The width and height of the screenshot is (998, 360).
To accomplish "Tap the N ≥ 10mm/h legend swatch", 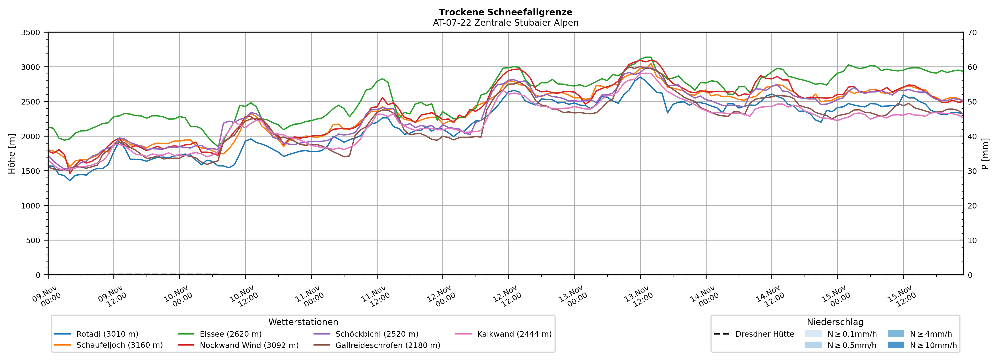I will pos(896,345).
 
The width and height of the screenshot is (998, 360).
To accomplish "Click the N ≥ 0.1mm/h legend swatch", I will pos(813,334).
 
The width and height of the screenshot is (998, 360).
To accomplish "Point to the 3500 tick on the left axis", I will pos(31,33).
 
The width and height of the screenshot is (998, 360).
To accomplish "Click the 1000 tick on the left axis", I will pos(31,206).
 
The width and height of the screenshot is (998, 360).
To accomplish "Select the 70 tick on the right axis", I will pos(972,33).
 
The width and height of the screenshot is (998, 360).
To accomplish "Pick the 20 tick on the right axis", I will pos(972,206).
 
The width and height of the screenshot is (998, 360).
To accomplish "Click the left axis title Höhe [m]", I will pos(12,153).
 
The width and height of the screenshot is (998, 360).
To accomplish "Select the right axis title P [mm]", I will pos(985,153).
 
